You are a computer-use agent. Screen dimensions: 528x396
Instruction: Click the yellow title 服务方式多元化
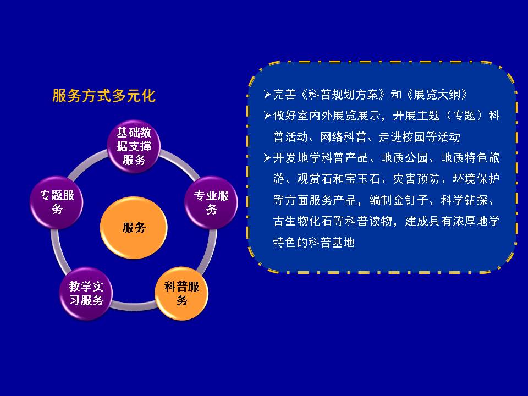click(x=104, y=96)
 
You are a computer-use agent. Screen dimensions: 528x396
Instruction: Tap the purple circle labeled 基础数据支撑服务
click(x=134, y=146)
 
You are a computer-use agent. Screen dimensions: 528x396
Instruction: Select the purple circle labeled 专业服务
click(x=211, y=202)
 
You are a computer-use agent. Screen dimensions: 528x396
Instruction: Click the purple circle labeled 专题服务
click(x=57, y=202)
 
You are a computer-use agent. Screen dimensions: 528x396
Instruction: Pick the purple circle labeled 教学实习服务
click(x=86, y=293)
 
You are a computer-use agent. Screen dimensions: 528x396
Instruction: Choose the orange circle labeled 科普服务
click(x=182, y=293)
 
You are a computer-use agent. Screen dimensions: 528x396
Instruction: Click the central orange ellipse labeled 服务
click(x=134, y=228)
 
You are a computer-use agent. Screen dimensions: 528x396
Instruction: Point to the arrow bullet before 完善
click(x=267, y=95)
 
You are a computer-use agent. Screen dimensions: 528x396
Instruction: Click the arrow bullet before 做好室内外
click(x=267, y=116)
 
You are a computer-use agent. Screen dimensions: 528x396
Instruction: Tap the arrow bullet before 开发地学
click(x=267, y=158)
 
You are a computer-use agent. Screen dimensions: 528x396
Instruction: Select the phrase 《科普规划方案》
click(x=343, y=95)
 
